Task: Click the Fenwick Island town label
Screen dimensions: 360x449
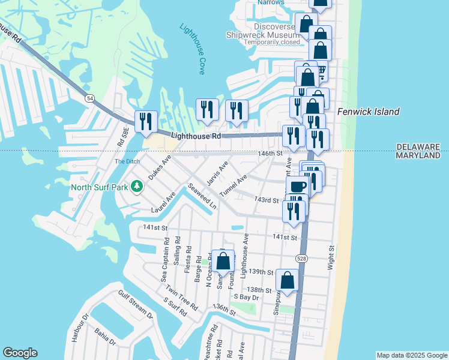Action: pos(368,112)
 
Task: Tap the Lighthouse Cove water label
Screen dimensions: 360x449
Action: pos(193,49)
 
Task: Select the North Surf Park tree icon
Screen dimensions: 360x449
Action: pos(137,187)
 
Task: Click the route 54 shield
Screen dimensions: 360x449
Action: pos(89,98)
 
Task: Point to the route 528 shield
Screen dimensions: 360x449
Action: pos(301,257)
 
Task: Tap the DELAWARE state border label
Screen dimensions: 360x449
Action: pos(418,146)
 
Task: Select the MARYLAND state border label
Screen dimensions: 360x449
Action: pos(418,155)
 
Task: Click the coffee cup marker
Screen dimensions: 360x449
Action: pos(298,186)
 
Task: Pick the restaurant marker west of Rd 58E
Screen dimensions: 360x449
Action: pos(146,122)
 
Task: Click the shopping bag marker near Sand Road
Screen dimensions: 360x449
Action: pos(223,262)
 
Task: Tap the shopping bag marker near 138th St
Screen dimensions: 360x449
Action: pos(288,280)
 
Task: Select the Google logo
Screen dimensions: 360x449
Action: pos(20,353)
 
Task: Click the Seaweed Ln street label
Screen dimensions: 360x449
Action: pos(202,196)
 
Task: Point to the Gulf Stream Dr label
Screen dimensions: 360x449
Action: pos(133,304)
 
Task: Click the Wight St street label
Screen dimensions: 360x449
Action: pos(331,257)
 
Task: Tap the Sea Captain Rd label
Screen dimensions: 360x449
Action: pos(163,259)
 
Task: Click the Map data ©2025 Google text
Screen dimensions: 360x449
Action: pos(412,355)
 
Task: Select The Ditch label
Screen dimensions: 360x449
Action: pos(127,161)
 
